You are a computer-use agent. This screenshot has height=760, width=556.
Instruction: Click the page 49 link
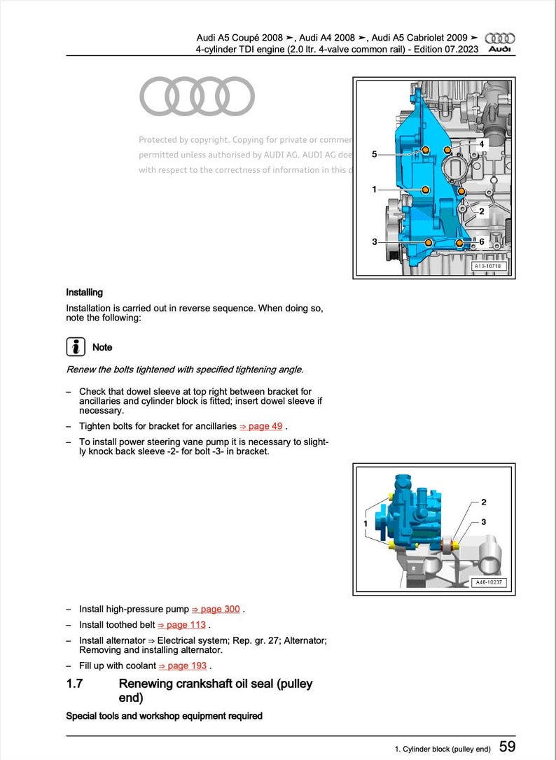[262, 426]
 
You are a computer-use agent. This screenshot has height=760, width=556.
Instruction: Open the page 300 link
[216, 609]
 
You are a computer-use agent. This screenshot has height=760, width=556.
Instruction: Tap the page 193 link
[183, 666]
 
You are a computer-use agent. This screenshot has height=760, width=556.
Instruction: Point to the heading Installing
[84, 293]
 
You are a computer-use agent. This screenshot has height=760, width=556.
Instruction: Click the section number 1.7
[75, 684]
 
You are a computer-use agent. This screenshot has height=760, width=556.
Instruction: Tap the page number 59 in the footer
[508, 747]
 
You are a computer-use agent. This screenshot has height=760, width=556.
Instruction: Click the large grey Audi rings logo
[197, 97]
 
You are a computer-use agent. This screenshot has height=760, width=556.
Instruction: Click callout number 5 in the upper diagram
[374, 154]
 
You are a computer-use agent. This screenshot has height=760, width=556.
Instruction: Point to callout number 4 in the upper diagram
[482, 143]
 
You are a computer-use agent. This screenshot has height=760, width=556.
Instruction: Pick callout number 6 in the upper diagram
[482, 241]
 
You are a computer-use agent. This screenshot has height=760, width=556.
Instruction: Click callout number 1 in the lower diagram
[365, 523]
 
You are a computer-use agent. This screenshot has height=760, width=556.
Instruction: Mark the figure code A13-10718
[488, 267]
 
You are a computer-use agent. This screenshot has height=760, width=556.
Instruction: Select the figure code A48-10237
[489, 582]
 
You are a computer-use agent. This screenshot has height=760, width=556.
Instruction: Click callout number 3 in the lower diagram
[484, 522]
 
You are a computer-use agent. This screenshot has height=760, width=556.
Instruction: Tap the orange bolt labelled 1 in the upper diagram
[425, 190]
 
